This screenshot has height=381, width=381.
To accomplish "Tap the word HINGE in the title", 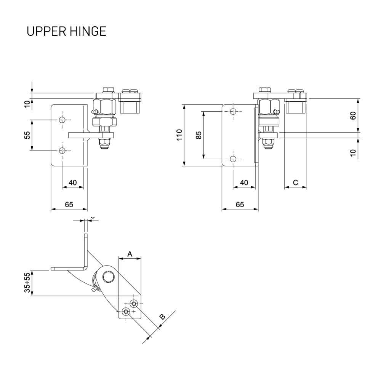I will [x=88, y=31].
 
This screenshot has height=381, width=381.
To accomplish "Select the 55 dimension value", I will [x=27, y=135].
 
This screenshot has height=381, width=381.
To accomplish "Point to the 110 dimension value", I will [x=179, y=135].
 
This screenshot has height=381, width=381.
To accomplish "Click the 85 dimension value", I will [x=199, y=135].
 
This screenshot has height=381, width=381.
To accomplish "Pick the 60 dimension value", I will [x=353, y=116].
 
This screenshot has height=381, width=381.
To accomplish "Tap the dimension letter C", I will [x=295, y=182].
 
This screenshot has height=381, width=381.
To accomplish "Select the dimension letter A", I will [x=130, y=253].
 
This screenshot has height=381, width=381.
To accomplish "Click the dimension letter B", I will [x=162, y=317].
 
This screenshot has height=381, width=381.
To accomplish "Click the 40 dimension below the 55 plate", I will [x=72, y=183].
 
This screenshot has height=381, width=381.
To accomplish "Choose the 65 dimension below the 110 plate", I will [x=240, y=205].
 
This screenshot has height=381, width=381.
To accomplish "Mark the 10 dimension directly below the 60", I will [x=353, y=152].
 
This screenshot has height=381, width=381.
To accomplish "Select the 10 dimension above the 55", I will [x=27, y=104].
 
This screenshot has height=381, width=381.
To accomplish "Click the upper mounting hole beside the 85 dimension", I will [x=234, y=112].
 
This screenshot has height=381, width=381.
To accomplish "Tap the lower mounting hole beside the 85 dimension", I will [x=234, y=159].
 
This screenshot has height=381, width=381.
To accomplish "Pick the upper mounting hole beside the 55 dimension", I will [x=62, y=120].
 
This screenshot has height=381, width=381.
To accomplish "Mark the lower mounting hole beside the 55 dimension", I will [x=62, y=150].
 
